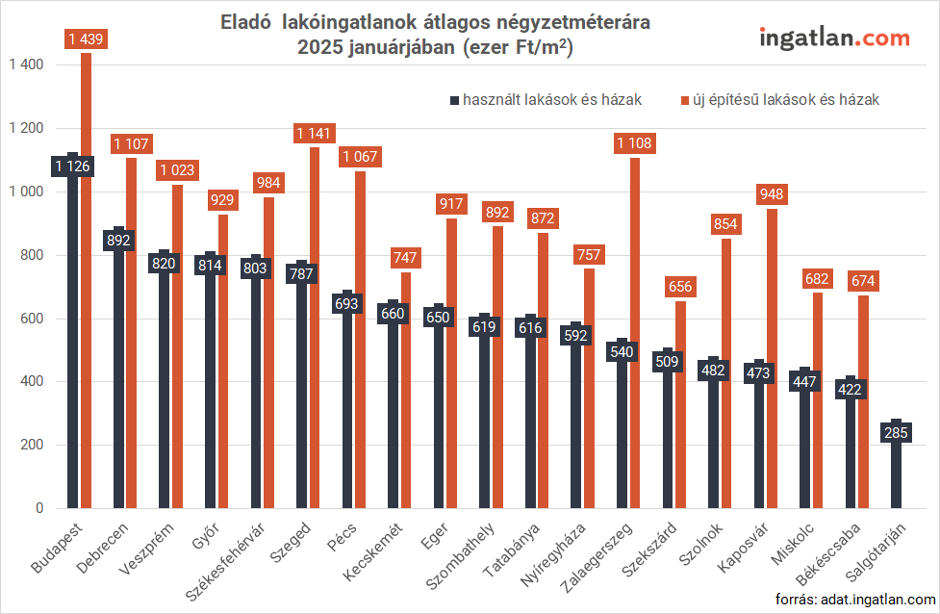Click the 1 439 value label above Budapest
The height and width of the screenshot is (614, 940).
pyautogui.click(x=86, y=39)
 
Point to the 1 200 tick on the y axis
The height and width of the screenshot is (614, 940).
pyautogui.click(x=26, y=129)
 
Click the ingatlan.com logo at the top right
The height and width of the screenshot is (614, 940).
pyautogui.click(x=834, y=38)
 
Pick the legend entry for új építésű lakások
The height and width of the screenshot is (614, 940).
pyautogui.click(x=779, y=99)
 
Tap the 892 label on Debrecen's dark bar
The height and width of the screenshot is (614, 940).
pyautogui.click(x=118, y=240)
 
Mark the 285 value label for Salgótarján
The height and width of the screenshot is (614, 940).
pyautogui.click(x=896, y=434)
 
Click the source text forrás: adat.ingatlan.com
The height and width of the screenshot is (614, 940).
pyautogui.click(x=856, y=600)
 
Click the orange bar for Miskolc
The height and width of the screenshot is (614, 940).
pyautogui.click(x=818, y=404)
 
